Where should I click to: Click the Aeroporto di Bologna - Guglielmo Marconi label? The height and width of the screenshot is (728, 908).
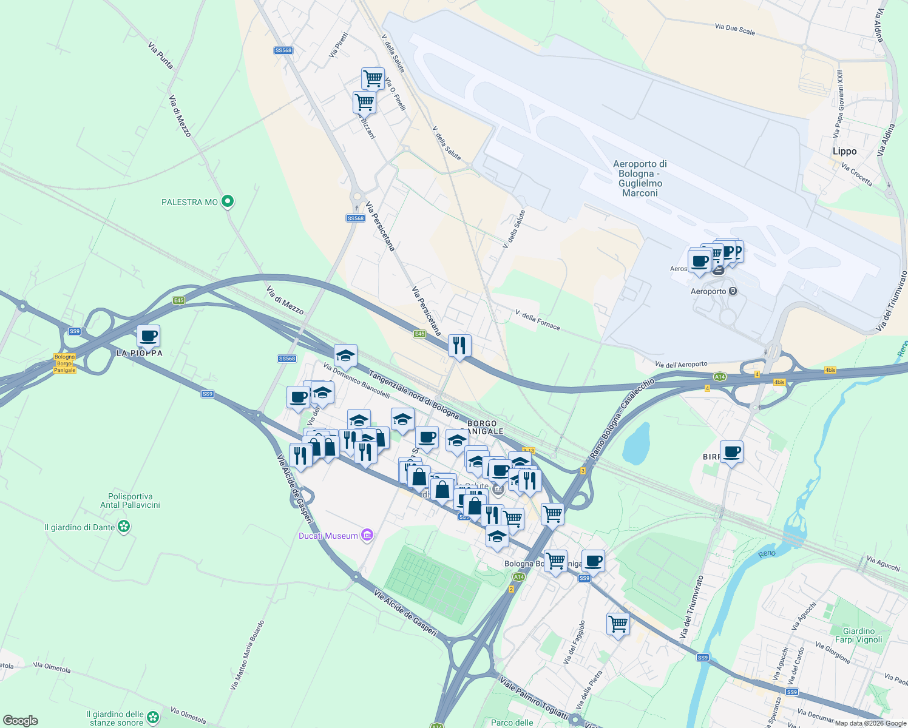(x=640, y=178)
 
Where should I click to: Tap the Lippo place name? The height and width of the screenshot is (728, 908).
(x=844, y=152)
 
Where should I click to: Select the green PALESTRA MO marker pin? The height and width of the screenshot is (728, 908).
(x=228, y=201)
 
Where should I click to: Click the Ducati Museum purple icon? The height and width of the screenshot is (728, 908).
(x=367, y=535)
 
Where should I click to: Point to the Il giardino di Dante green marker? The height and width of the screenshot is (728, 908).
(x=124, y=527)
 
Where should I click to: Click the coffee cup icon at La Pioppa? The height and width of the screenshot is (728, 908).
(x=148, y=335)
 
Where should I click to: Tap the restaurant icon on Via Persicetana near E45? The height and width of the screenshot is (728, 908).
(x=459, y=345)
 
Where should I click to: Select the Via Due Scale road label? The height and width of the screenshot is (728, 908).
(x=734, y=29)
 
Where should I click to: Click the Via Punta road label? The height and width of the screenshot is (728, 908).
(x=161, y=55)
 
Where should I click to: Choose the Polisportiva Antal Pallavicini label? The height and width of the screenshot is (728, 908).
(x=130, y=500)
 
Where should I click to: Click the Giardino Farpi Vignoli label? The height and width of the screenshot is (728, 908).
(x=858, y=635)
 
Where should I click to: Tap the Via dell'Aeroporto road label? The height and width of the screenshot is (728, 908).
(x=681, y=365)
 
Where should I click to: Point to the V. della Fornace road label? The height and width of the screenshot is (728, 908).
(x=537, y=320)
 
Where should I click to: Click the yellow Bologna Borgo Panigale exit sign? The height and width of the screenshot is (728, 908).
(x=64, y=363)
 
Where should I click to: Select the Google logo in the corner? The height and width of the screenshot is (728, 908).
(x=20, y=721)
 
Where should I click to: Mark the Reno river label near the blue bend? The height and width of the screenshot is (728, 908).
(x=767, y=553)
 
